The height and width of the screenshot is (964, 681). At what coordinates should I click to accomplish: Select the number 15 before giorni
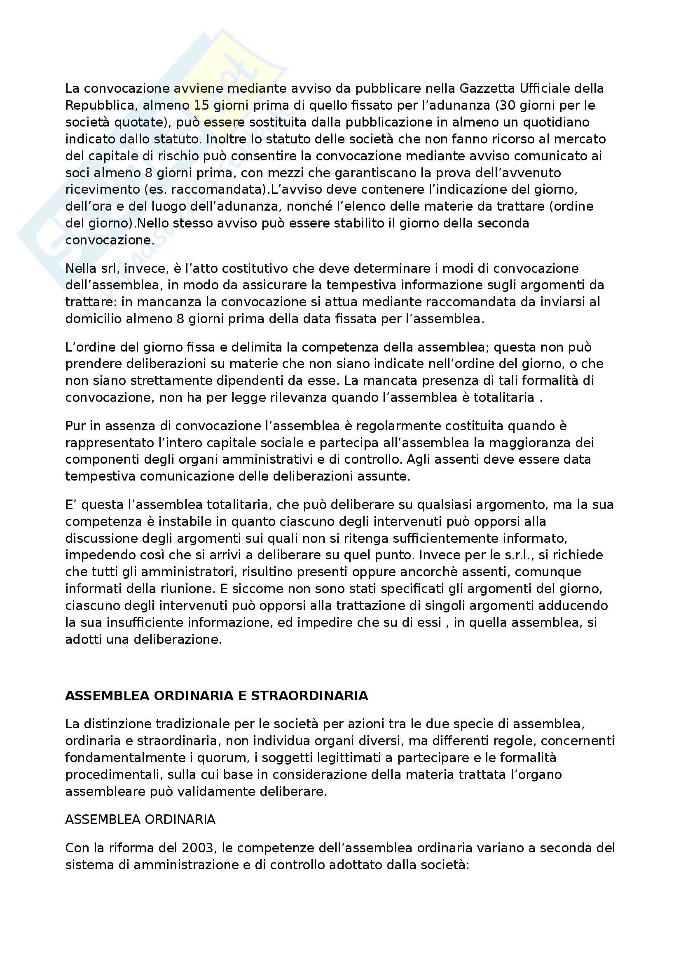(x=202, y=106)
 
